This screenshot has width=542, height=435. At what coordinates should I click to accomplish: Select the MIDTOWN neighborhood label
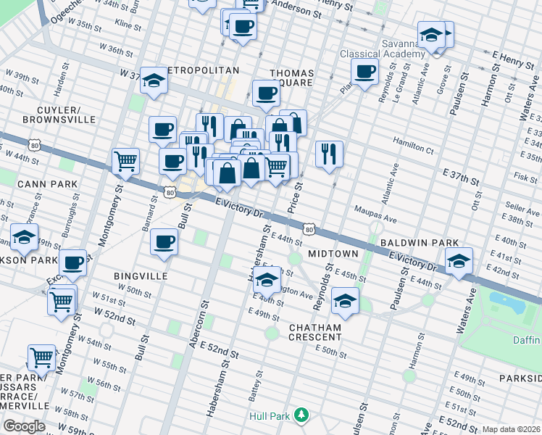pos(333,254)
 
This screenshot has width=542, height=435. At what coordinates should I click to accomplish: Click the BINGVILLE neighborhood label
pos(141,276)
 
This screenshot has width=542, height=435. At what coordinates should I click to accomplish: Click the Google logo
pos(23,426)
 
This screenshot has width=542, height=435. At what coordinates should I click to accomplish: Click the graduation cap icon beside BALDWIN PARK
pos(459,261)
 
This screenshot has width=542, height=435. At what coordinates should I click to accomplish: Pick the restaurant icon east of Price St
pos(330,153)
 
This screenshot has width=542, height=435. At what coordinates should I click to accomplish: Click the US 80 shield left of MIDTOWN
pos(309,230)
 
